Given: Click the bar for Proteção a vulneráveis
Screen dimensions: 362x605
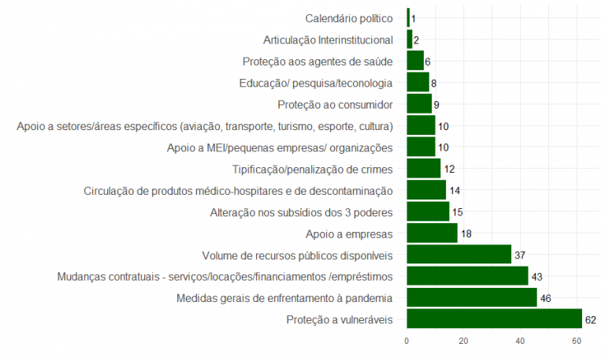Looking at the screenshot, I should point(494,319).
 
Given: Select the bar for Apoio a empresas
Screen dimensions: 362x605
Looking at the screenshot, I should point(432,233).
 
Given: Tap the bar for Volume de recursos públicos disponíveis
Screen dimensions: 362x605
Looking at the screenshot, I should point(458,254).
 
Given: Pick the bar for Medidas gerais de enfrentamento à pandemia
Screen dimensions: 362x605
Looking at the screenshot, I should point(471,297).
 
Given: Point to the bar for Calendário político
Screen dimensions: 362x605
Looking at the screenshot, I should point(408,17).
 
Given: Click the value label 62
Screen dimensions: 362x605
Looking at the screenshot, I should point(591,319).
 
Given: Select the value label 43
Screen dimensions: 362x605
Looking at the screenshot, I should point(536,276).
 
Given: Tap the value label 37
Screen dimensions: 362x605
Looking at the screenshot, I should point(520,255).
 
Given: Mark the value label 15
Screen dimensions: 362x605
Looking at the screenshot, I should point(458,211).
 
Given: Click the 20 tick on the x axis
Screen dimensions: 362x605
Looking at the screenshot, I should point(463,341).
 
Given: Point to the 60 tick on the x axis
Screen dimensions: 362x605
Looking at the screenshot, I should point(577,341).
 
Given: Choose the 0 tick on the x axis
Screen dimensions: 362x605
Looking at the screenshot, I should point(406,341).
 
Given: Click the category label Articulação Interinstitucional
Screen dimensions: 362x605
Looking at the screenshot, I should point(328,39).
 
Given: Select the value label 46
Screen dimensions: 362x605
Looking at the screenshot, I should point(545,298).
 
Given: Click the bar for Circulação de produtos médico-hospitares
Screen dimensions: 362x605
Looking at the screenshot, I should point(426,190).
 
